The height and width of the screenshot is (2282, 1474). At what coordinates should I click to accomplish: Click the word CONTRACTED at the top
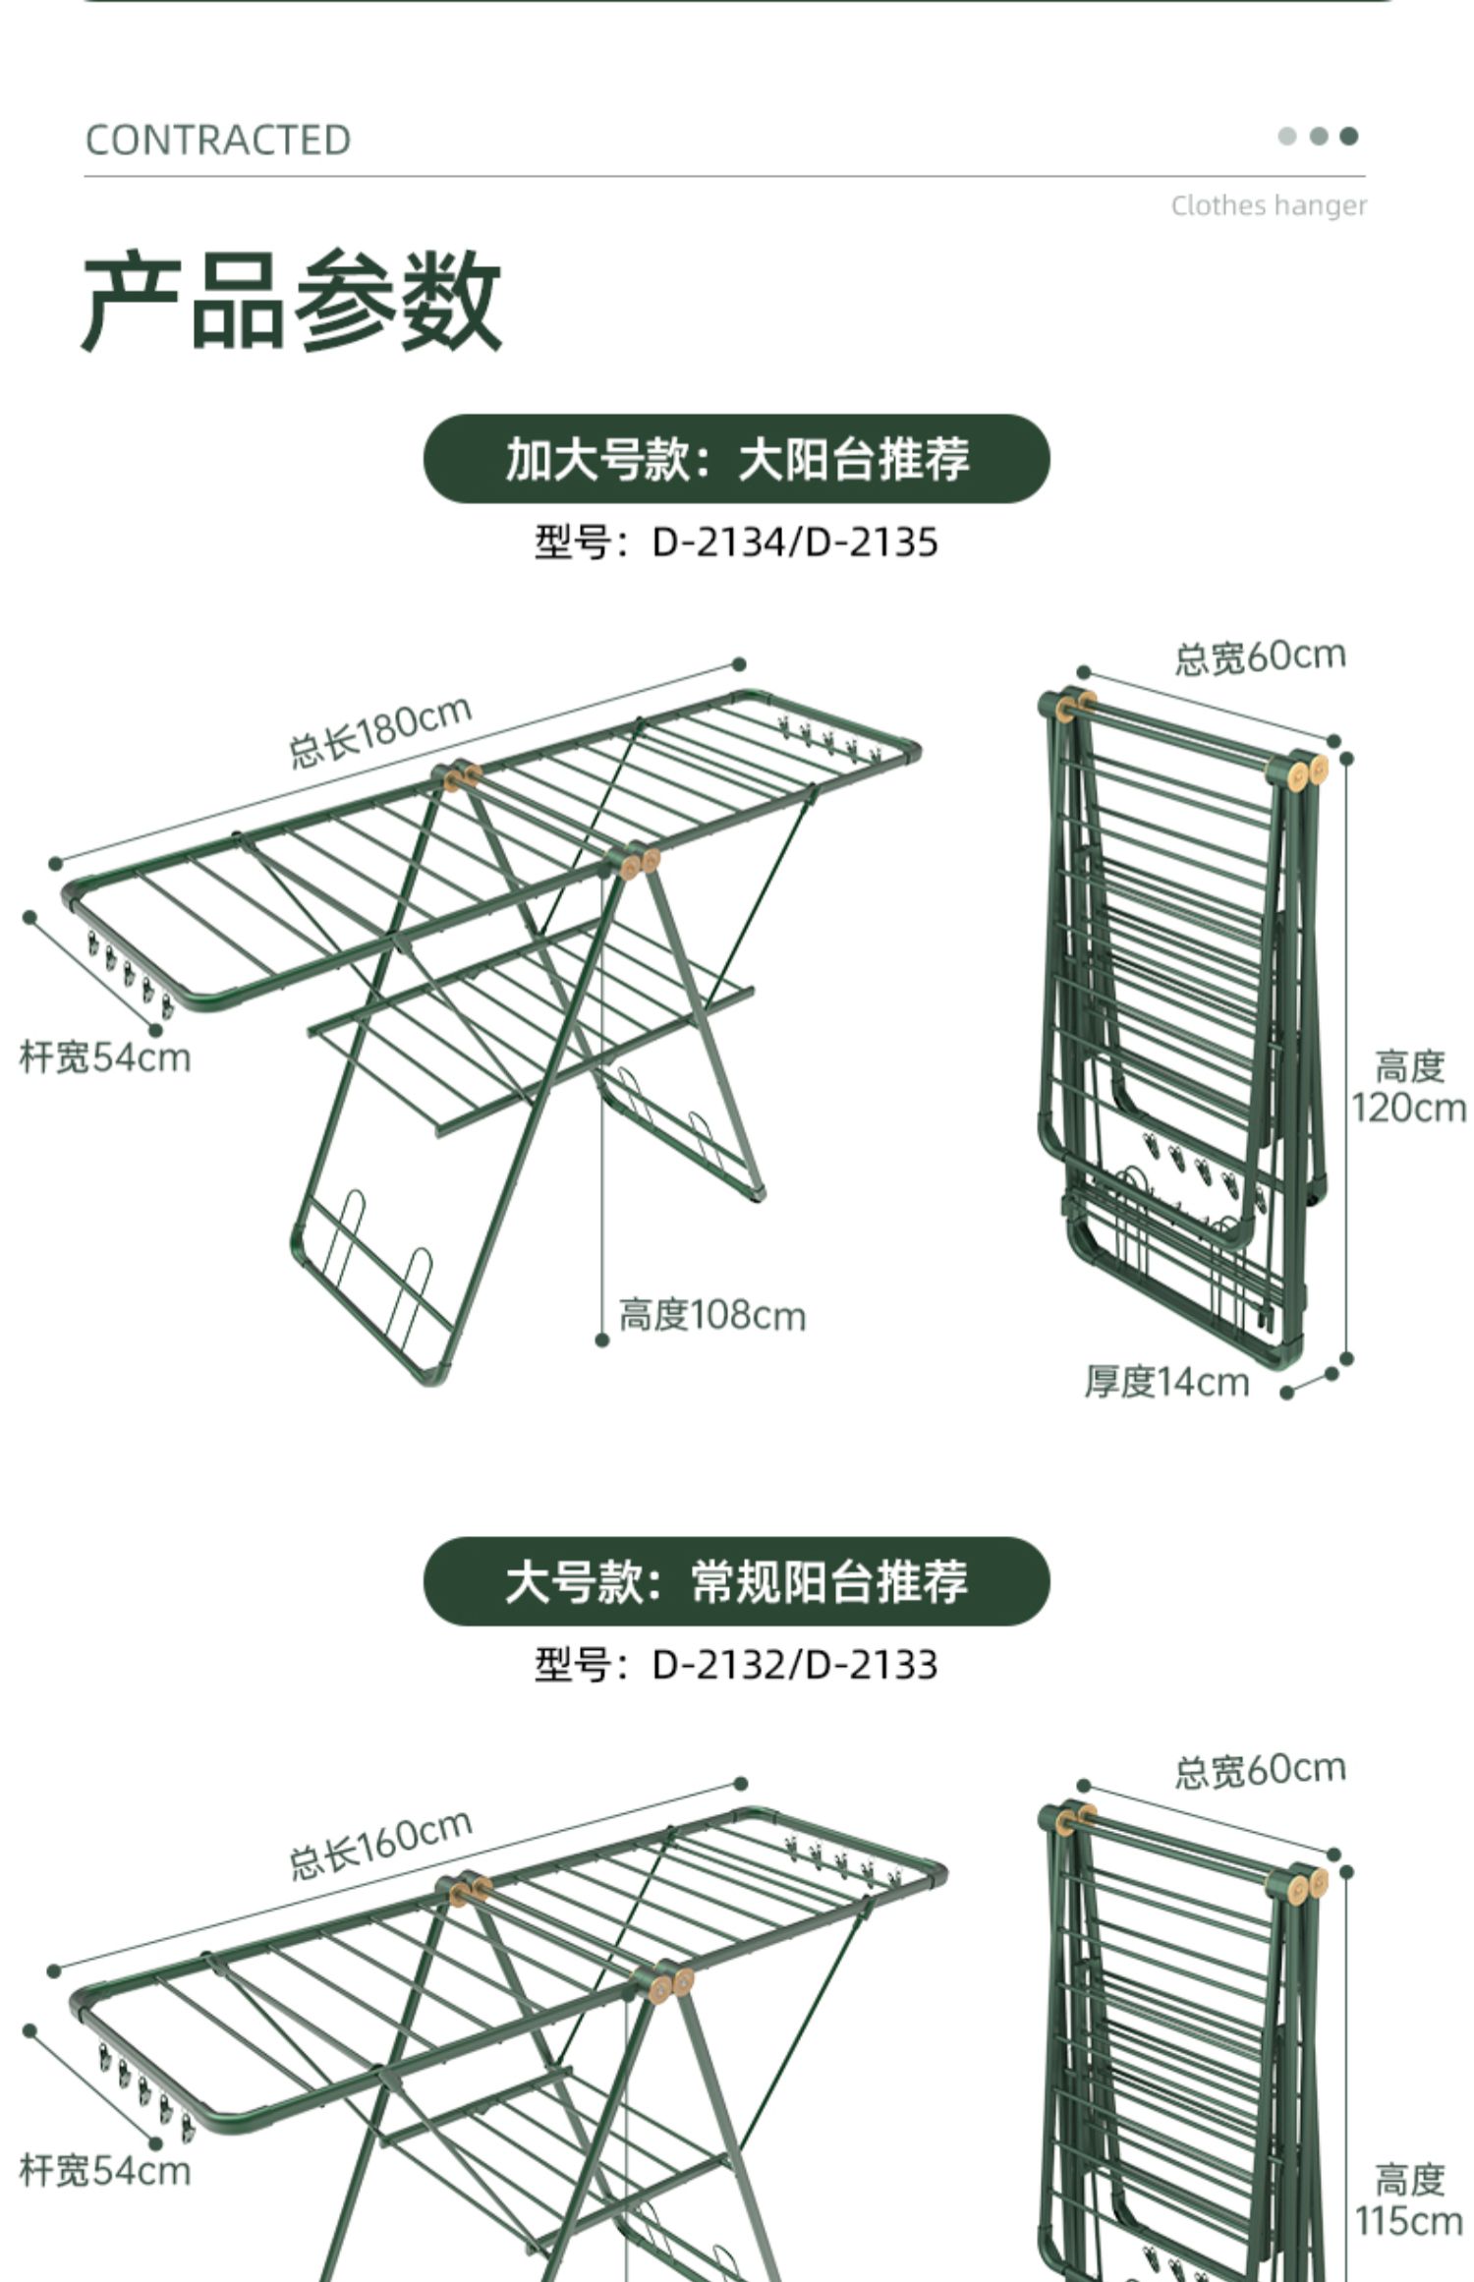pyautogui.click(x=218, y=141)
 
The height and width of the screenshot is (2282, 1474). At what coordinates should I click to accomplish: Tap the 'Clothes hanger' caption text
pyautogui.click(x=1269, y=205)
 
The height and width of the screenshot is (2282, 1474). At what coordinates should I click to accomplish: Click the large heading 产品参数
pyautogui.click(x=292, y=300)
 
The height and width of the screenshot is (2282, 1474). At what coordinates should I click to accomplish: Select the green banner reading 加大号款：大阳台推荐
pyautogui.click(x=737, y=459)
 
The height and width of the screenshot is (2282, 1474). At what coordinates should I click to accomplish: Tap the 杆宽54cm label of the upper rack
pyautogui.click(x=105, y=1058)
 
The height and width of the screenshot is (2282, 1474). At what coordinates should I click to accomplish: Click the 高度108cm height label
pyautogui.click(x=712, y=1315)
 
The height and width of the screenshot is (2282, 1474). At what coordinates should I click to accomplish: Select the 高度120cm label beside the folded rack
pyautogui.click(x=1409, y=1086)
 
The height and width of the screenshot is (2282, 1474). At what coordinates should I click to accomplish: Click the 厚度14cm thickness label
pyautogui.click(x=1167, y=1382)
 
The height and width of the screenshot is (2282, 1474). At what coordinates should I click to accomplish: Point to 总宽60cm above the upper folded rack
pyautogui.click(x=1261, y=656)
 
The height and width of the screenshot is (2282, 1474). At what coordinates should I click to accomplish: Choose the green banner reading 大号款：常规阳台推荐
pyautogui.click(x=737, y=1581)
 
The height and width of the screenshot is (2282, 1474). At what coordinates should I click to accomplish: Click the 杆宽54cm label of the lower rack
pyautogui.click(x=105, y=2171)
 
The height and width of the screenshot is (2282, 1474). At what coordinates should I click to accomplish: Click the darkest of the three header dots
pyautogui.click(x=1349, y=136)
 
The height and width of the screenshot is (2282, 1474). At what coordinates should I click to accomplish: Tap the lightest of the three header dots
pyautogui.click(x=1287, y=136)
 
